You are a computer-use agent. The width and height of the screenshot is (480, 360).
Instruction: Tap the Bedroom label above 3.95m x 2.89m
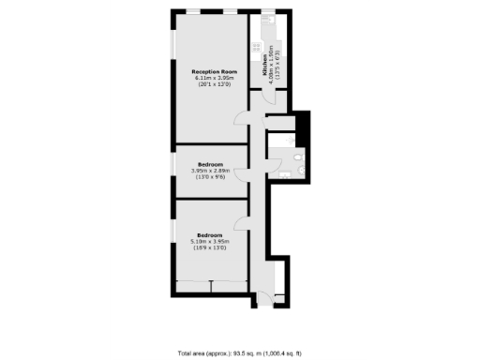click(x=209, y=162)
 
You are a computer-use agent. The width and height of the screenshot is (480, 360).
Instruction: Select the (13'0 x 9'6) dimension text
click(x=209, y=177)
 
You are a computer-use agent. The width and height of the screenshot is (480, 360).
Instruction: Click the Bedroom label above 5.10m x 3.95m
click(x=209, y=233)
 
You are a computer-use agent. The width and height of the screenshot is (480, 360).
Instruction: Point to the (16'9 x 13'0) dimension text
click(x=209, y=248)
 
